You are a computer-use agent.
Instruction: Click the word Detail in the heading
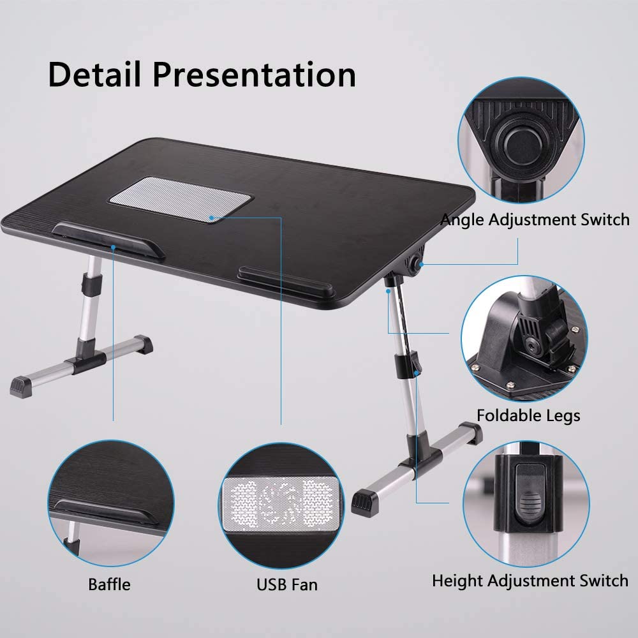tap(94, 75)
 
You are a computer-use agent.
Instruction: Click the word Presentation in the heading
tap(255, 75)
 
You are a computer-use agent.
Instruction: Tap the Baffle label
tap(110, 584)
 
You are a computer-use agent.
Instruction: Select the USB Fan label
tap(287, 584)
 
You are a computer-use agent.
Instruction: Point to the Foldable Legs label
tap(528, 416)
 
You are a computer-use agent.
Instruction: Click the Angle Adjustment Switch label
tap(535, 219)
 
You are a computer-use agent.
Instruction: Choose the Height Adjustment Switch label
tap(530, 581)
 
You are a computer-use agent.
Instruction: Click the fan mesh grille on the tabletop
tap(181, 199)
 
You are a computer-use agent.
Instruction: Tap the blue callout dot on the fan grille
tap(212, 218)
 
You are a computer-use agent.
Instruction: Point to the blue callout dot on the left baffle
tap(113, 247)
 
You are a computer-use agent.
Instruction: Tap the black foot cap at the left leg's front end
tap(20, 387)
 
